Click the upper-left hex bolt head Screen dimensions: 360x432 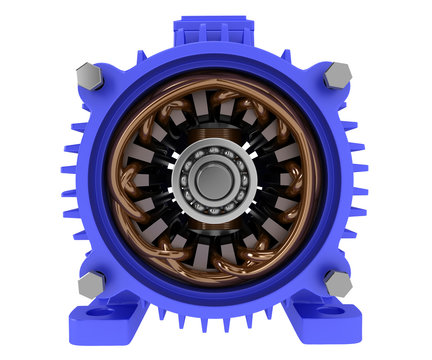pos(88,76)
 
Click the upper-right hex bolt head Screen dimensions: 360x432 pos(337,73)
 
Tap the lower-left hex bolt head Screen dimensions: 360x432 pos(89,284)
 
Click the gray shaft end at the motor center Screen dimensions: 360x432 pos(213,180)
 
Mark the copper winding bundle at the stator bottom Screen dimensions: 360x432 pos(213,268)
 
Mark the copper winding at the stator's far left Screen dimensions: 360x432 pos(123,180)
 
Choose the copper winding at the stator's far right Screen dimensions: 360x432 pos(303,180)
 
